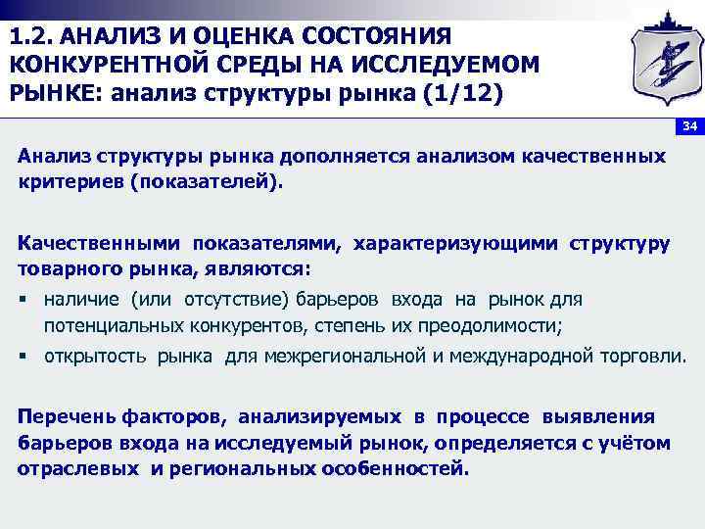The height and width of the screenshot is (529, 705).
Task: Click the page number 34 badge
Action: click(689, 127)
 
